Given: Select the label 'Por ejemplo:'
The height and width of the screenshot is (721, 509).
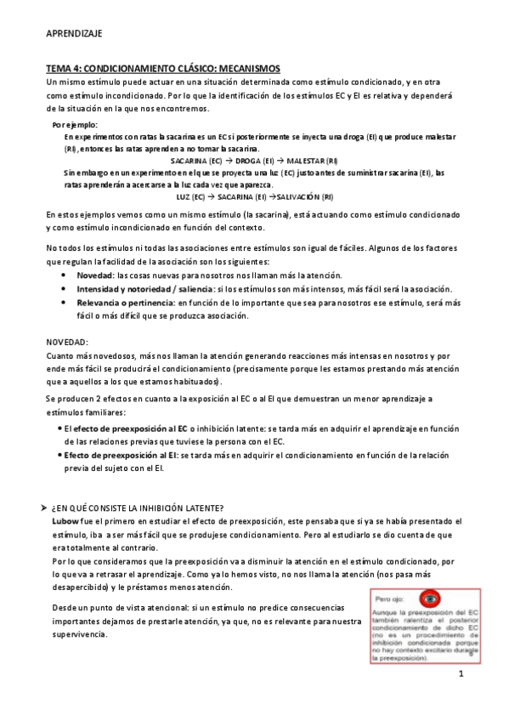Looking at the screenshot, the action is click(x=75, y=125).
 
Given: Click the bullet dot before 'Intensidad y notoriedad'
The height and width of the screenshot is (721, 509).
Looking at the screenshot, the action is click(x=66, y=289).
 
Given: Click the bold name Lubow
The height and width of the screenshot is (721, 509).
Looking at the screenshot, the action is click(x=65, y=520).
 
